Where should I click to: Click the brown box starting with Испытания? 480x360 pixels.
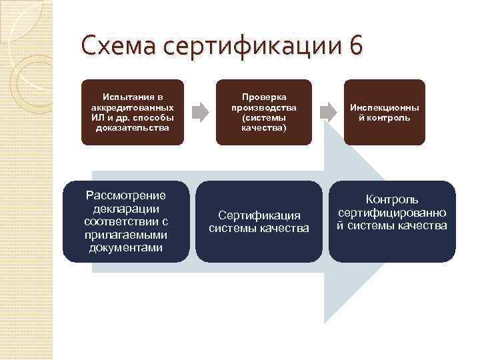pyautogui.click(x=131, y=112)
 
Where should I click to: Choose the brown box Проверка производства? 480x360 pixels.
pyautogui.click(x=263, y=112)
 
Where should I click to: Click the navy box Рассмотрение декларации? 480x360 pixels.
pyautogui.click(x=126, y=221)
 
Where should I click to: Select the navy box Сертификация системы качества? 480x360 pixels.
pyautogui.click(x=259, y=221)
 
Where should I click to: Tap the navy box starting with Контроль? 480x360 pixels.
pyautogui.click(x=391, y=221)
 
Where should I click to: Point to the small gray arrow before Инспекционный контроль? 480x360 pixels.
pyautogui.click(x=327, y=111)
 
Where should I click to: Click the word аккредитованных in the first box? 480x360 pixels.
pyautogui.click(x=132, y=107)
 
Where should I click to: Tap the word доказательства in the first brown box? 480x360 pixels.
pyautogui.click(x=132, y=127)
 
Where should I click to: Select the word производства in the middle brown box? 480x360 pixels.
pyautogui.click(x=264, y=107)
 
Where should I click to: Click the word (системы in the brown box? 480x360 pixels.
pyautogui.click(x=264, y=117)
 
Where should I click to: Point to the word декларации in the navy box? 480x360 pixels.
pyautogui.click(x=126, y=208)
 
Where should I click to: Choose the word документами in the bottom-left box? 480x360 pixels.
pyautogui.click(x=126, y=248)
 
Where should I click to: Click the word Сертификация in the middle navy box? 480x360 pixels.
pyautogui.click(x=259, y=215)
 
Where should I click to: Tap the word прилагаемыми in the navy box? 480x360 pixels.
pyautogui.click(x=126, y=235)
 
